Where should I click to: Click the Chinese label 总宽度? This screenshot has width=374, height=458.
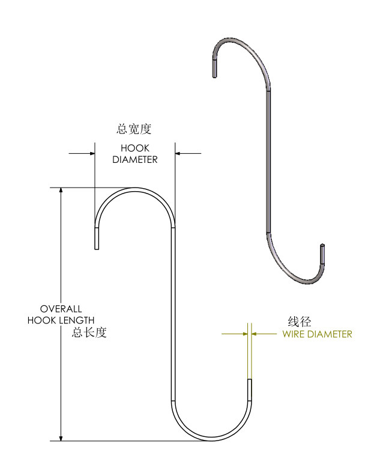click(134, 129)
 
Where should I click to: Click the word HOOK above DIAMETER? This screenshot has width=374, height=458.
click(134, 148)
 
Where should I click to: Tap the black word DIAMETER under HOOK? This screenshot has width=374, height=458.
click(134, 159)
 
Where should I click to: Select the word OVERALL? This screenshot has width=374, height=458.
click(61, 308)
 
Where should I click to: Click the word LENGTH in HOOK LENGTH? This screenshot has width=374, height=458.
click(76, 320)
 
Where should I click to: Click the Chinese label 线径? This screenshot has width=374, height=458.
click(300, 322)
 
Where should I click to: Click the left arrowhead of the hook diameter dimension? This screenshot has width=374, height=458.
click(91, 153)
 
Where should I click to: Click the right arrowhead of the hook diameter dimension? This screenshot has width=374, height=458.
click(179, 153)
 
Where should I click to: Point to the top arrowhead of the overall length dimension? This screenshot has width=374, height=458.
click(60, 192)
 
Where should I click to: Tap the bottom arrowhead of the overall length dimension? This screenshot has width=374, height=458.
click(60, 436)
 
